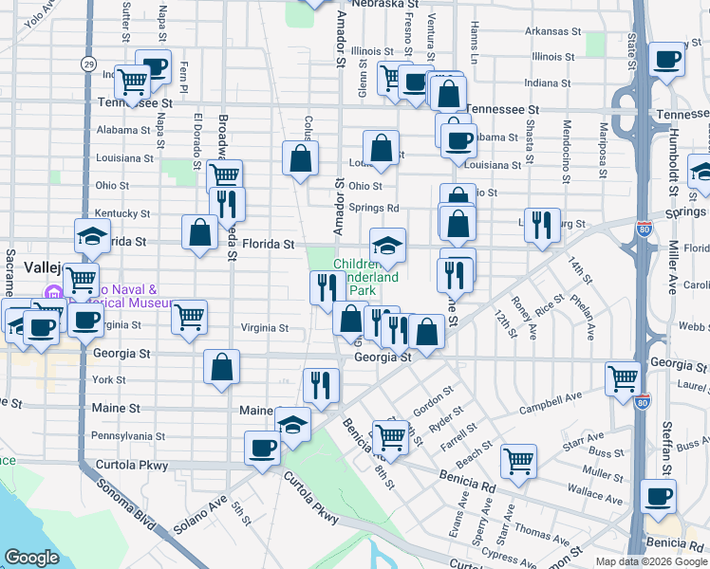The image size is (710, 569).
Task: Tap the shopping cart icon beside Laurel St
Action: click(x=623, y=378)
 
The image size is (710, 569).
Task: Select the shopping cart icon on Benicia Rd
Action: click(x=518, y=463)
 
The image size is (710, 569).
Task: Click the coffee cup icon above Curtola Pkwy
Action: click(x=262, y=449)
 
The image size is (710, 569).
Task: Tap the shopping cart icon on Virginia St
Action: click(x=189, y=317)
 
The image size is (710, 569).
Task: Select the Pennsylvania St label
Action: click(x=127, y=437)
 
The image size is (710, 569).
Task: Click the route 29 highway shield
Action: click(x=87, y=64)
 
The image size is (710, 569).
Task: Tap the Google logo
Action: click(x=31, y=558)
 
